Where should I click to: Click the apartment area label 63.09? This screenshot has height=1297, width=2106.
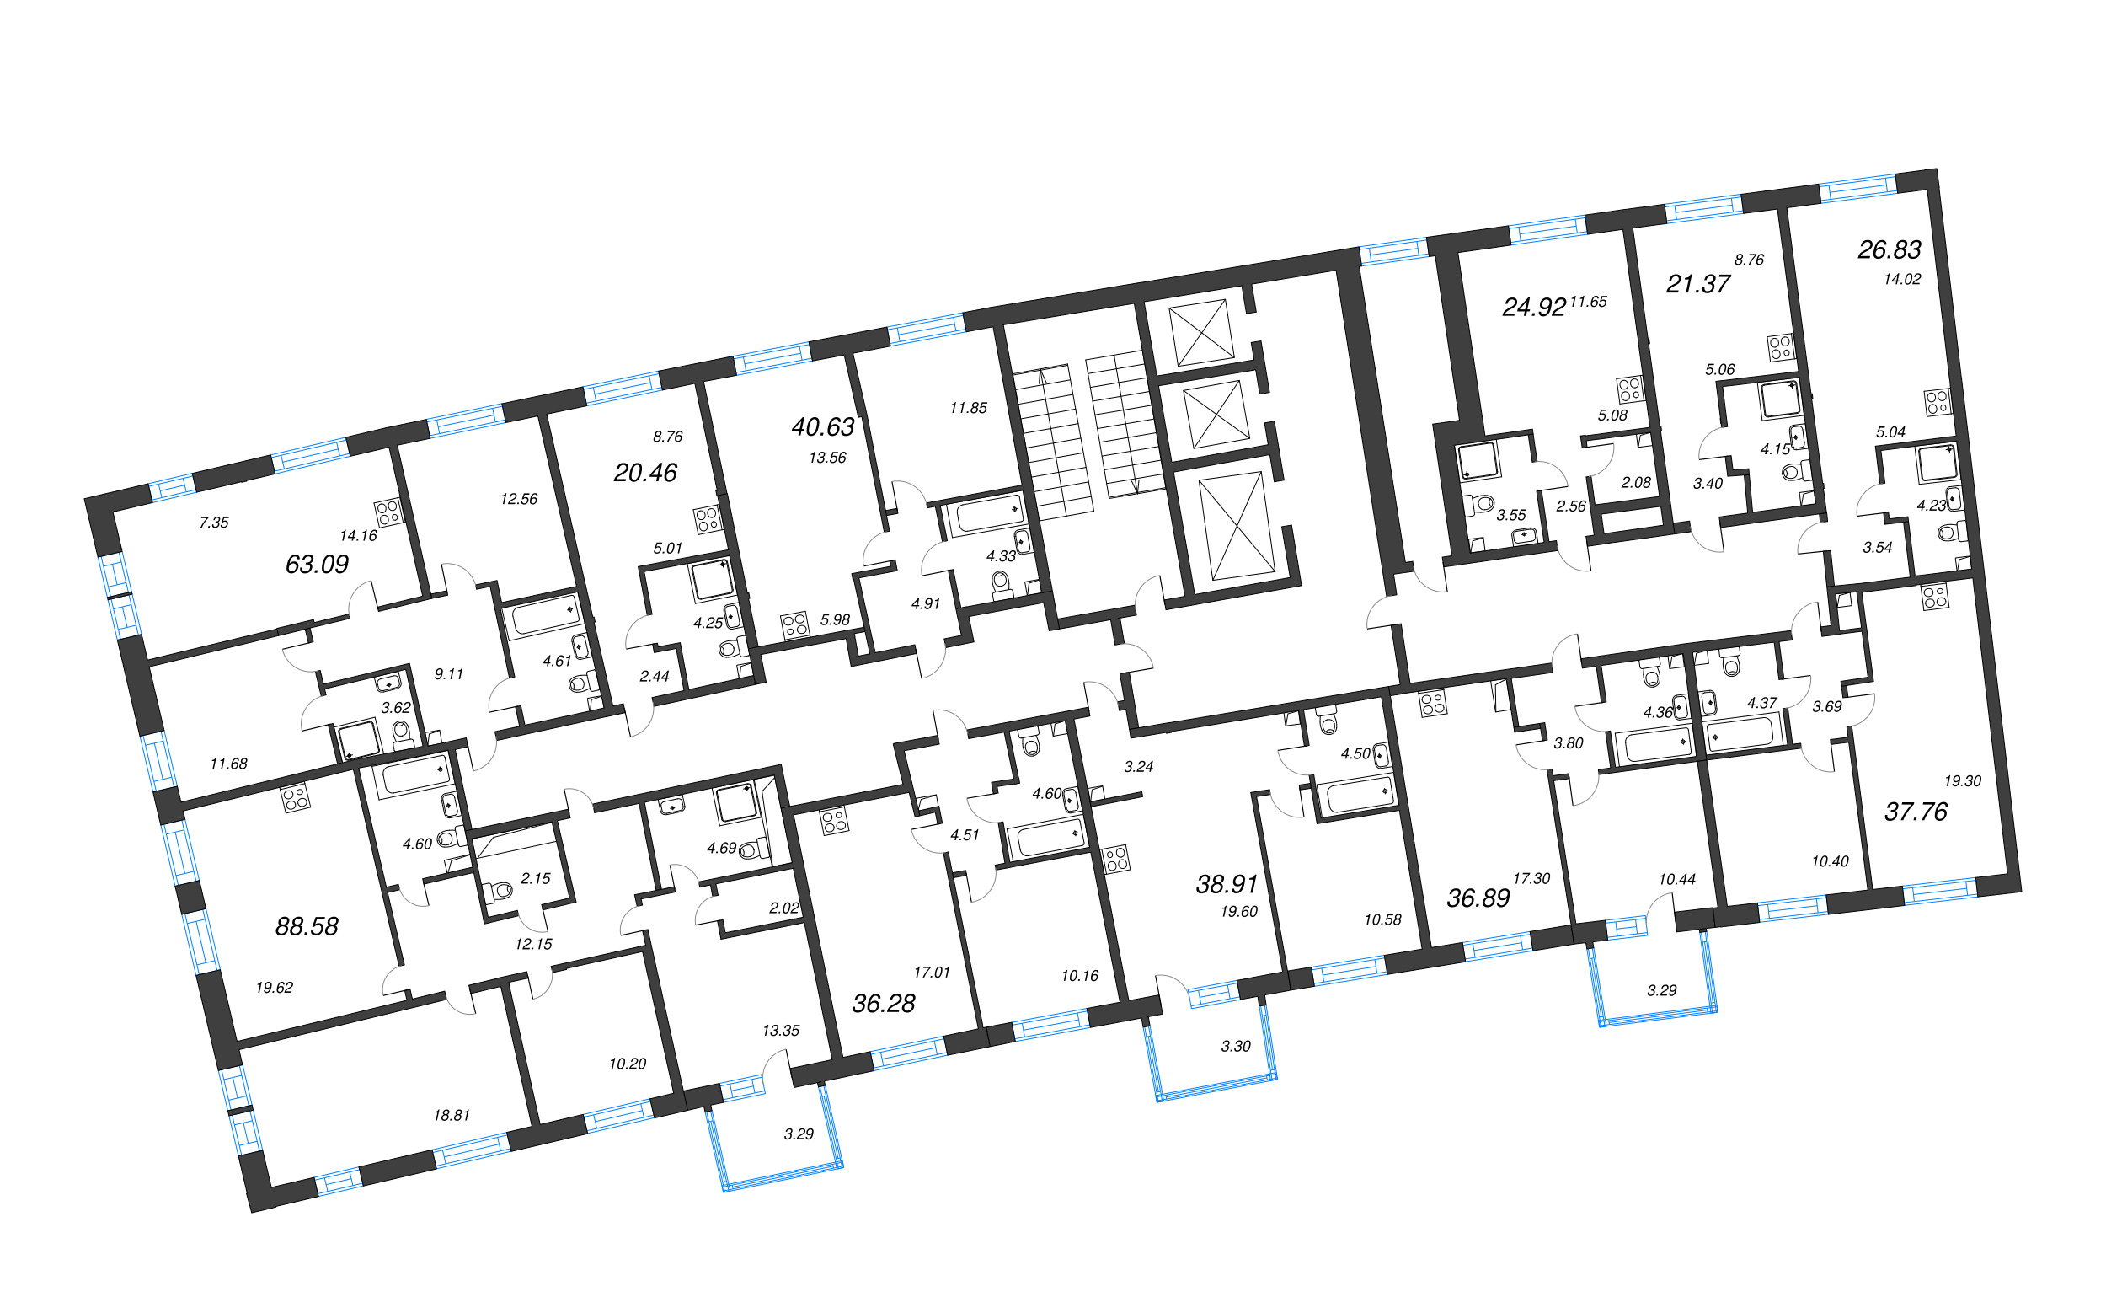point(317,565)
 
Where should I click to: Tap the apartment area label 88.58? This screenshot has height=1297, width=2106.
point(306,926)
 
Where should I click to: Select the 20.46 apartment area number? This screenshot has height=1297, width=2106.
point(644,473)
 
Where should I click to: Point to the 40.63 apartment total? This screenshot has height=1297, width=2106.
point(822,426)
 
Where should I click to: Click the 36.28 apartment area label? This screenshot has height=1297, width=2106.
point(883,1004)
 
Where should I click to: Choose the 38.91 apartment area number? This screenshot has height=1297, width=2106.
point(1227,884)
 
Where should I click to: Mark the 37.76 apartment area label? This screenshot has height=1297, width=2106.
point(1916,812)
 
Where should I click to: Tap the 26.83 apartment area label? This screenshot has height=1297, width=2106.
point(1889,249)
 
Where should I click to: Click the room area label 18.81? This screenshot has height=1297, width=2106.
point(451,1116)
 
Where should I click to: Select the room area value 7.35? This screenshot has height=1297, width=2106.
point(213,523)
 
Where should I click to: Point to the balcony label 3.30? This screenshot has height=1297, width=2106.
point(1236,1047)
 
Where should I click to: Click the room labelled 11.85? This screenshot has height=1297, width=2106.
point(968,408)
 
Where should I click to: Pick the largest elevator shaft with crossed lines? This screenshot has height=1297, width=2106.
point(1237,525)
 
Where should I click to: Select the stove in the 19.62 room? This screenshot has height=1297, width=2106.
point(296,799)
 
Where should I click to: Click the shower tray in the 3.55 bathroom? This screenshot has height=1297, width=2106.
point(1478,461)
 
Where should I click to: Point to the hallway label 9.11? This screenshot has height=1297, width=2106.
point(448,674)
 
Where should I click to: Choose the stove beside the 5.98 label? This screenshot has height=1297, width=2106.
point(795,624)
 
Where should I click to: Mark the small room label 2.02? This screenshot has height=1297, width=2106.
point(783,908)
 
